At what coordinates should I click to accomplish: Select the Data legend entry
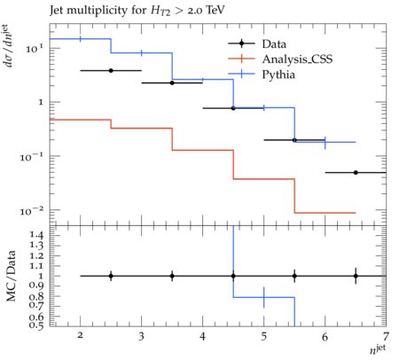point(257,43)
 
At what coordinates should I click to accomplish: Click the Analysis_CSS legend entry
point(280,59)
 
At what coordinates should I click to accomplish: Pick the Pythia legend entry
point(262,74)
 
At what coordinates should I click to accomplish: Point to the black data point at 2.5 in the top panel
point(111,71)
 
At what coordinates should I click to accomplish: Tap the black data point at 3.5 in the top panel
point(172,83)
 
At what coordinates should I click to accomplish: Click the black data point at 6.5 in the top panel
point(356,173)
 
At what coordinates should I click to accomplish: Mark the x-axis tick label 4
point(202,336)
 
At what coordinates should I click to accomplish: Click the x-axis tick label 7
point(386,336)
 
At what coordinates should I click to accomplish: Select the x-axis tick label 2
point(80,335)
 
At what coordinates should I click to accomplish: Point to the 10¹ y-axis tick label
point(34,48)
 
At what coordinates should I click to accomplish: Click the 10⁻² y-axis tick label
point(31,210)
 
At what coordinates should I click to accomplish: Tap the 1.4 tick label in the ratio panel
point(36,235)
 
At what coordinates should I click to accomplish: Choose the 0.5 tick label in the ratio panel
point(36,325)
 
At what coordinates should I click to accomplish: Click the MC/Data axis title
point(11,276)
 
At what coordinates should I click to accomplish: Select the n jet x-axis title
point(378,349)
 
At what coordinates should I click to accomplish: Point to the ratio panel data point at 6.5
point(356,276)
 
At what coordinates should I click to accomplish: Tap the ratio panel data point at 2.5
point(111,276)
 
